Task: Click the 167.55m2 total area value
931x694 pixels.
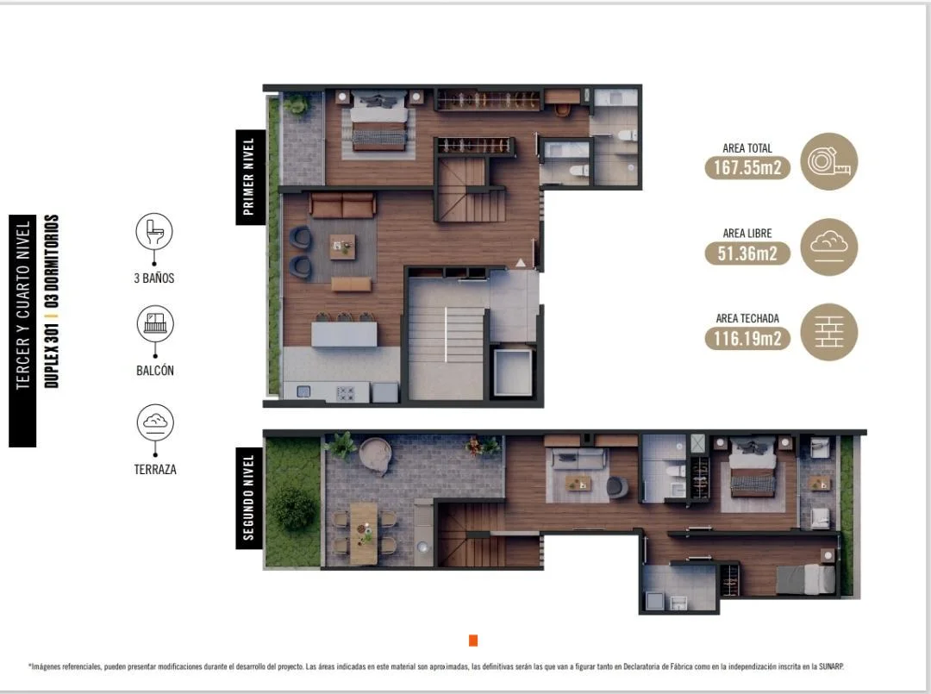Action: (x=747, y=167)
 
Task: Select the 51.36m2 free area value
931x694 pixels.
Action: (x=747, y=253)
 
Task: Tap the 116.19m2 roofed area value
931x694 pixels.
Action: (x=747, y=339)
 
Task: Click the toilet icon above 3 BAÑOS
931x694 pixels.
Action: (x=154, y=232)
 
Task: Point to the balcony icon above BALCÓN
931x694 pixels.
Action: (x=155, y=323)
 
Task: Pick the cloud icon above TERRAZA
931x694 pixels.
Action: (x=155, y=422)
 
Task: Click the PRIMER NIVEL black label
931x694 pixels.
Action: (x=250, y=178)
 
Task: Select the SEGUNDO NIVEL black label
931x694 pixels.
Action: (x=249, y=498)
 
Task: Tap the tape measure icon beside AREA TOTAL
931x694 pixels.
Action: (x=829, y=161)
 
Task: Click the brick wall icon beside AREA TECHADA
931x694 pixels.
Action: (x=829, y=332)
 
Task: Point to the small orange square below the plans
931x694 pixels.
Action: (x=473, y=640)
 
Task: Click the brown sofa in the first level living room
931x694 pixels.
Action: (x=342, y=205)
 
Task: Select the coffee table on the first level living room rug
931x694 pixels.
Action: (x=342, y=247)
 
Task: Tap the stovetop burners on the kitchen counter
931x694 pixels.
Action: (x=345, y=393)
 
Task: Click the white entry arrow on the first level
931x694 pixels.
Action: (x=520, y=262)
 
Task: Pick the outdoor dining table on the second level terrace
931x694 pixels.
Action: (x=364, y=533)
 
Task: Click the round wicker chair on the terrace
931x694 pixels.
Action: (x=375, y=455)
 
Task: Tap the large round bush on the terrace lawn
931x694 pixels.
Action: (x=293, y=509)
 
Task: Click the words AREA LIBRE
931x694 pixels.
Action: (x=747, y=234)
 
